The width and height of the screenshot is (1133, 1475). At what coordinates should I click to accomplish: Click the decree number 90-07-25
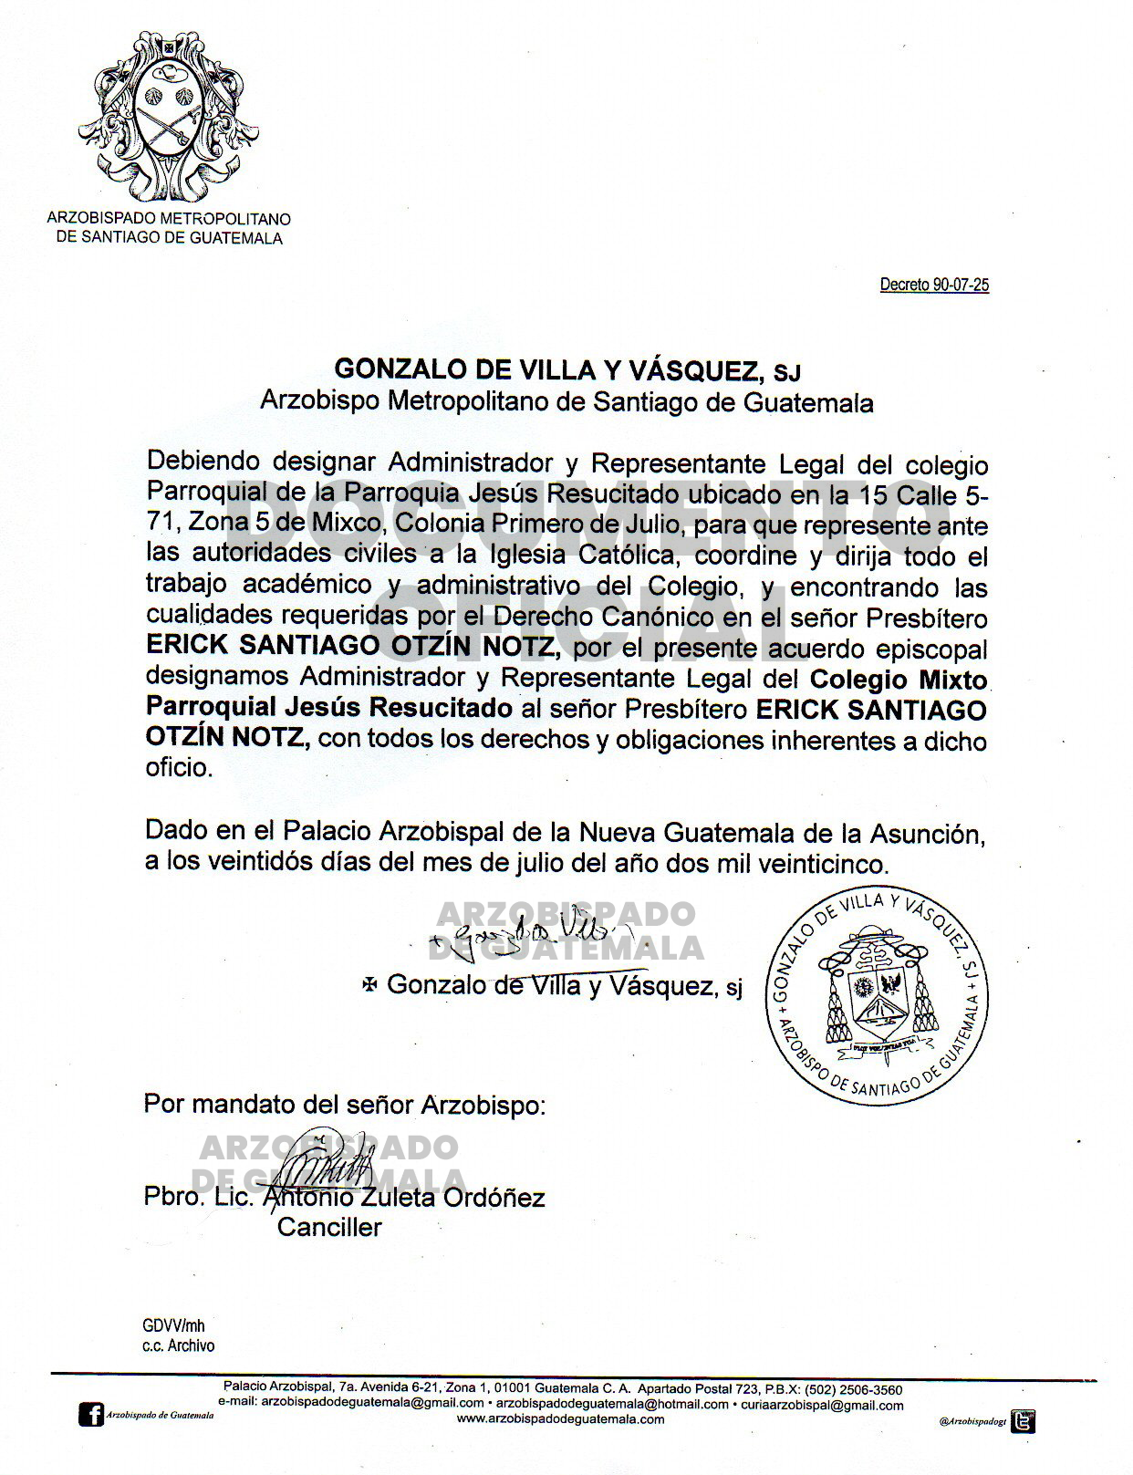(x=934, y=285)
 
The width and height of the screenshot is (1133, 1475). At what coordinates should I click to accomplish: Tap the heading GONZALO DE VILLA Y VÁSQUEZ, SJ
(x=566, y=369)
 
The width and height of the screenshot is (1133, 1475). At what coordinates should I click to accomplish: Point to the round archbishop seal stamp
(x=878, y=994)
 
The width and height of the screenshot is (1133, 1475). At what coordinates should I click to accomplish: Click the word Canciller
(x=328, y=1228)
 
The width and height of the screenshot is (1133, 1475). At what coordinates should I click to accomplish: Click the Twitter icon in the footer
(x=1024, y=1421)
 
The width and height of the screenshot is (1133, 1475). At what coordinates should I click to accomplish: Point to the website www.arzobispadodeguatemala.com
(x=560, y=1418)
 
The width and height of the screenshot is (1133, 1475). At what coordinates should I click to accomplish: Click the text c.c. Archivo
(x=178, y=1345)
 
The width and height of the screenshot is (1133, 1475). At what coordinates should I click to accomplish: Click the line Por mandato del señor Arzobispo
(x=344, y=1105)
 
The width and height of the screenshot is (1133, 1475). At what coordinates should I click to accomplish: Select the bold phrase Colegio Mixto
(x=899, y=680)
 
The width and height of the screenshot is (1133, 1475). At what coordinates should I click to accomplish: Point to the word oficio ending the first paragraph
(x=178, y=768)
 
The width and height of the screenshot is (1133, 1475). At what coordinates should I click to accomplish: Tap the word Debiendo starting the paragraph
(x=203, y=462)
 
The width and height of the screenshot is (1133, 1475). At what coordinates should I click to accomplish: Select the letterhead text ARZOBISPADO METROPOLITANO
(x=169, y=219)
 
